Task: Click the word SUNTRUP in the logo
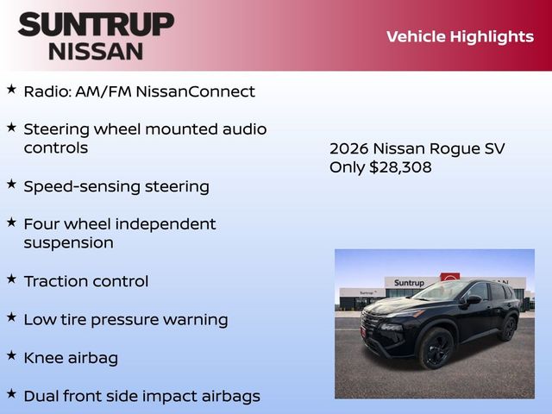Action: [95, 24]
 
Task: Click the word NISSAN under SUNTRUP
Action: [95, 50]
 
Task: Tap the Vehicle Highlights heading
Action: [460, 36]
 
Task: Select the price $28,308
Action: [400, 167]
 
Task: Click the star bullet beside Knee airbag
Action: [11, 355]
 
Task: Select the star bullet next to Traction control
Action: [11, 279]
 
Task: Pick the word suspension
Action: [68, 243]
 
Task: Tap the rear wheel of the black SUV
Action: [508, 329]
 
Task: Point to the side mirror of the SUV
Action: [474, 300]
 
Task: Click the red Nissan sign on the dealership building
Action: [450, 278]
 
